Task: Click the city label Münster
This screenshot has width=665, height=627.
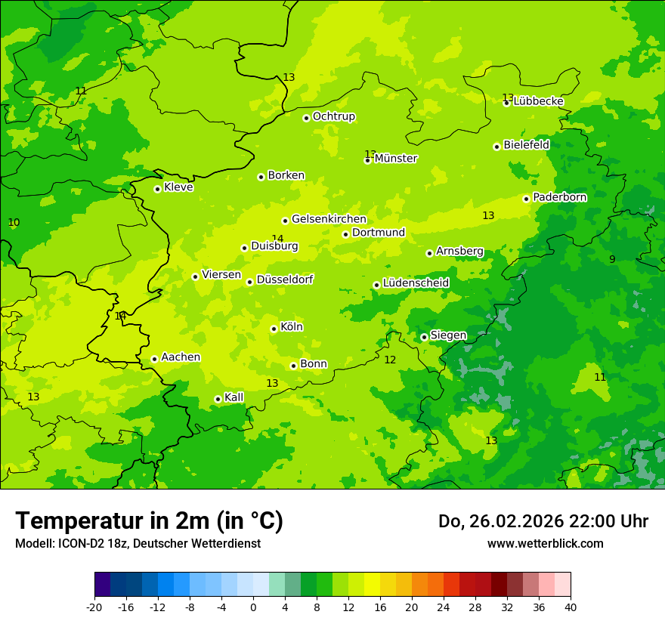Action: click(396, 159)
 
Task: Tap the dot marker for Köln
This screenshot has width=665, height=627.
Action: click(274, 329)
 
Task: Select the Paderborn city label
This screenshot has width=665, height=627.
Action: click(560, 197)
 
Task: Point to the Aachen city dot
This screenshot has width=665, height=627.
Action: click(154, 359)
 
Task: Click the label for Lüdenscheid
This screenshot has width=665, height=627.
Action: click(416, 283)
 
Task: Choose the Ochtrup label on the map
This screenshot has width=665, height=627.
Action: click(334, 116)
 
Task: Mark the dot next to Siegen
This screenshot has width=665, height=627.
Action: click(424, 337)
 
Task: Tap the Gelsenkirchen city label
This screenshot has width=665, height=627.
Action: click(329, 219)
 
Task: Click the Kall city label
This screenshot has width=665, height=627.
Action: click(234, 397)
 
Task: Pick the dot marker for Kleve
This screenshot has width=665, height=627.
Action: click(157, 189)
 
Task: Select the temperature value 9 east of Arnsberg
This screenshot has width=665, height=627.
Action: click(612, 259)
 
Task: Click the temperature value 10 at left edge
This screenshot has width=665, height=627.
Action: click(14, 222)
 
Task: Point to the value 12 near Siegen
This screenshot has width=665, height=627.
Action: click(390, 360)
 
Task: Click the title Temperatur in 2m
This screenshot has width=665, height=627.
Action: click(149, 520)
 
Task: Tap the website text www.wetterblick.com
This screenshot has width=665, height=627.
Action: click(545, 543)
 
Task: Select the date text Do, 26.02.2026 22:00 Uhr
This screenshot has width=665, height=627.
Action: click(543, 521)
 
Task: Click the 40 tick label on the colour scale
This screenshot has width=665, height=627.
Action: click(571, 607)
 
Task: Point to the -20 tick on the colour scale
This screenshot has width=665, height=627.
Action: click(94, 607)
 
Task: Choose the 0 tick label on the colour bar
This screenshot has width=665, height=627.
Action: click(253, 607)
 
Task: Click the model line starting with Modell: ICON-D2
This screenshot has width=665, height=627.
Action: click(138, 543)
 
